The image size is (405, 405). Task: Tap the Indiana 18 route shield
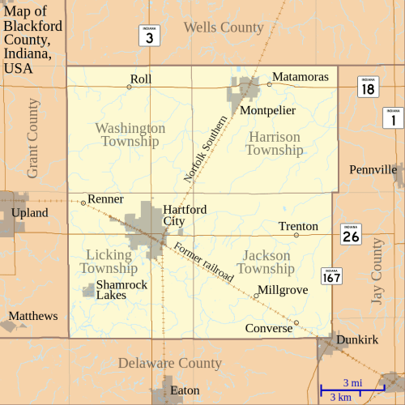pyautogui.click(x=368, y=87)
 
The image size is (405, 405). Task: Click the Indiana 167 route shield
pyautogui.click(x=330, y=277)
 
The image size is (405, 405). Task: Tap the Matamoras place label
pyautogui.click(x=300, y=77)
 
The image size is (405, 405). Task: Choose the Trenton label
pyautogui.click(x=298, y=226)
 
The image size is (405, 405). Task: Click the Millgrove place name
pyautogui.click(x=282, y=289)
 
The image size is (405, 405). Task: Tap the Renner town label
pyautogui.click(x=105, y=198)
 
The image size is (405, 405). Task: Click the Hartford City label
pyautogui.click(x=185, y=215)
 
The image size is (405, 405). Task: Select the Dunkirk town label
pyautogui.click(x=357, y=340)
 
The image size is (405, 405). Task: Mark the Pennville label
pyautogui.click(x=373, y=169)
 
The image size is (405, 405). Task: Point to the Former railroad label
pyautogui.click(x=203, y=261)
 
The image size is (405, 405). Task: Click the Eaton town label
pyautogui.click(x=185, y=390)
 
